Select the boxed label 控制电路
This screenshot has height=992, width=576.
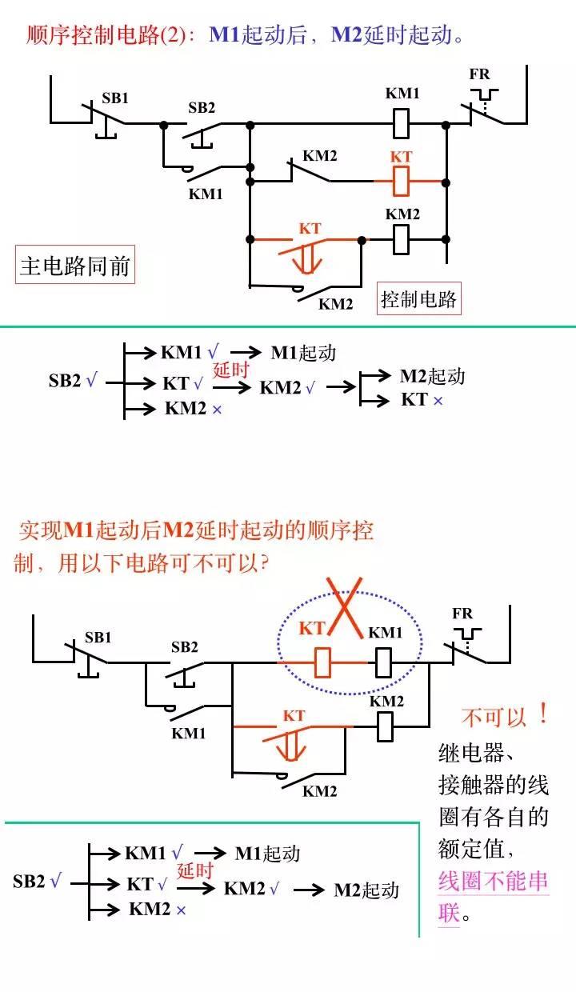pyautogui.click(x=418, y=299)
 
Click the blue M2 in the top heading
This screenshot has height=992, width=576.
pyautogui.click(x=346, y=35)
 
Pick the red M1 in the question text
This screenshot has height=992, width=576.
pyautogui.click(x=79, y=530)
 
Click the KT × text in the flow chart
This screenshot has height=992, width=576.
pyautogui.click(x=422, y=399)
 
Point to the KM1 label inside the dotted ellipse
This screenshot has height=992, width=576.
pyautogui.click(x=385, y=633)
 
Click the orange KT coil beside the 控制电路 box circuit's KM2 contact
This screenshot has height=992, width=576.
pyautogui.click(x=402, y=181)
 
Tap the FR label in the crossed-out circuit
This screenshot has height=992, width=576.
pyautogui.click(x=462, y=614)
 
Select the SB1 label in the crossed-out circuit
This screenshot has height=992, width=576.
pyautogui.click(x=98, y=638)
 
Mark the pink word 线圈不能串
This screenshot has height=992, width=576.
pyautogui.click(x=493, y=881)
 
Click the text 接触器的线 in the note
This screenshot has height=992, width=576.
pyautogui.click(x=493, y=785)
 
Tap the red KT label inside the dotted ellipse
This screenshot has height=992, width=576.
pyautogui.click(x=312, y=629)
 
